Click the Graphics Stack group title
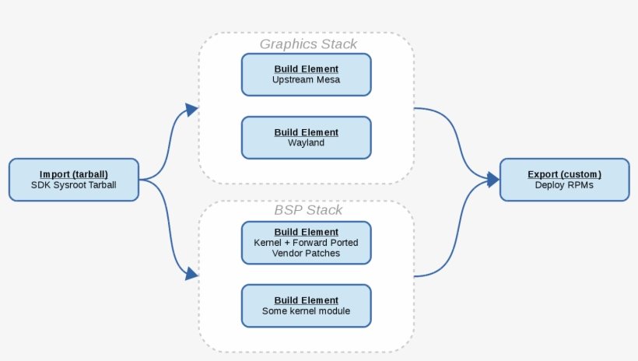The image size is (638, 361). tap(308, 44)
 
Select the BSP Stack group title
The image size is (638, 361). tap(308, 210)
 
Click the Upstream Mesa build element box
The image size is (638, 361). tap(306, 75)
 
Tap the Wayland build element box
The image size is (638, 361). tap(306, 138)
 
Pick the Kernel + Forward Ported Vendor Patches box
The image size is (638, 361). tap(306, 242)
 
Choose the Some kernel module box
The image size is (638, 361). tap(306, 306)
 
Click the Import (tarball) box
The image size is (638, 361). tap(73, 179)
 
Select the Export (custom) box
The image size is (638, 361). tap(564, 179)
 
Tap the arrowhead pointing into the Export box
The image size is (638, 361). tap(492, 180)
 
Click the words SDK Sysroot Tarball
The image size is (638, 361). tap(73, 185)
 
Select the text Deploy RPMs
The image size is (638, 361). tap(564, 185)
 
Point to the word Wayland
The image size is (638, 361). tap(306, 143)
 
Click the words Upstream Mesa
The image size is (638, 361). tap(306, 80)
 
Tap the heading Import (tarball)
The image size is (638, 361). tap(73, 174)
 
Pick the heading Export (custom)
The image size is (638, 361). tap(564, 174)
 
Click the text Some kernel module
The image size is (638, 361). tap(306, 311)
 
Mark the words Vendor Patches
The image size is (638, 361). tap(306, 253)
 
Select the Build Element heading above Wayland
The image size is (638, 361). tap(306, 132)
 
